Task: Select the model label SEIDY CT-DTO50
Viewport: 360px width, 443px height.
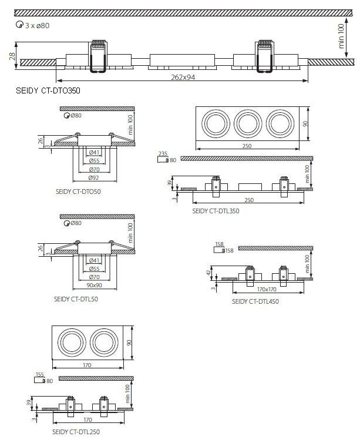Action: pos(78,192)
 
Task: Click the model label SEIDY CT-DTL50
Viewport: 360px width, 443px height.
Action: pos(77,298)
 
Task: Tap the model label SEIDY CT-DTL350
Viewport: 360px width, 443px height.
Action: pos(216,211)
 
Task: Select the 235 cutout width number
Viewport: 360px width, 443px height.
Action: pos(163,153)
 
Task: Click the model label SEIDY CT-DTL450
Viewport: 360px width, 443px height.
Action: pos(255,301)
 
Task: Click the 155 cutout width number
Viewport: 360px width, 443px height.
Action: pos(40,374)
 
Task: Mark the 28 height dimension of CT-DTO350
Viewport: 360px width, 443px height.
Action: pos(12,56)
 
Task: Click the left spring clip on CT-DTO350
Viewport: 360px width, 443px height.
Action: pos(97,56)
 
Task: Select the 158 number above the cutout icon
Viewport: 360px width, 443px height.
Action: pos(220,244)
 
